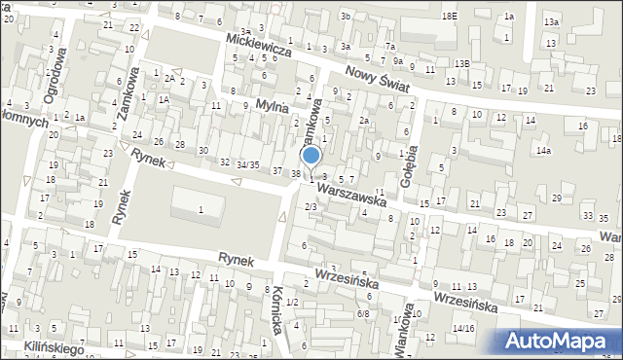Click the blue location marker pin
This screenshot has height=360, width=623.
311,157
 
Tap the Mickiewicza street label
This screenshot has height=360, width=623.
258,45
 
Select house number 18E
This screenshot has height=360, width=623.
448,17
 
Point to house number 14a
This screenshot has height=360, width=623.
543,151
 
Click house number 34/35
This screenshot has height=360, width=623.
248,165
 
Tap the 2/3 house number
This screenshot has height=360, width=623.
311,206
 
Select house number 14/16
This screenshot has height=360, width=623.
462,329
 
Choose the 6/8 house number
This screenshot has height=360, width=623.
363,313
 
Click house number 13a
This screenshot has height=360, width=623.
552,21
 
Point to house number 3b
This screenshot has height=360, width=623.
345,17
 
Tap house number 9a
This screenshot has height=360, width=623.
397,60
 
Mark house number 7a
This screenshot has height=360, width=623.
389,46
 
